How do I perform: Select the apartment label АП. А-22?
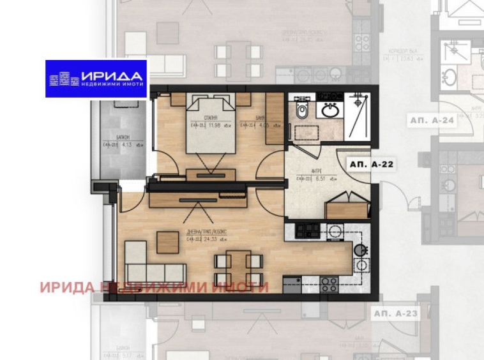click(371, 164)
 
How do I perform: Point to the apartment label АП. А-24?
click(432, 119)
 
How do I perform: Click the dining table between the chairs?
click(237, 267)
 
